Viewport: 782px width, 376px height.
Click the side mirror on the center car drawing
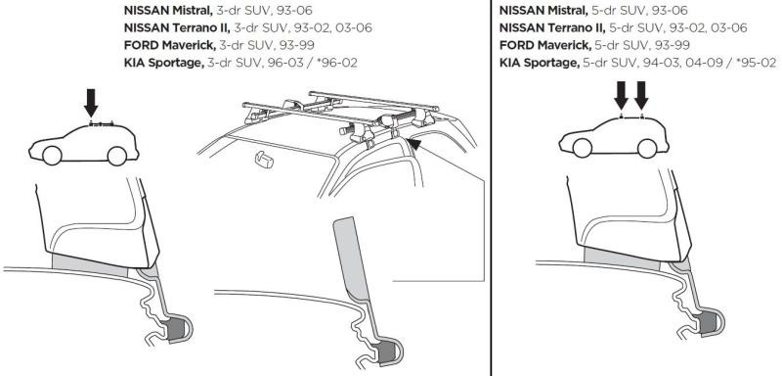261,157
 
